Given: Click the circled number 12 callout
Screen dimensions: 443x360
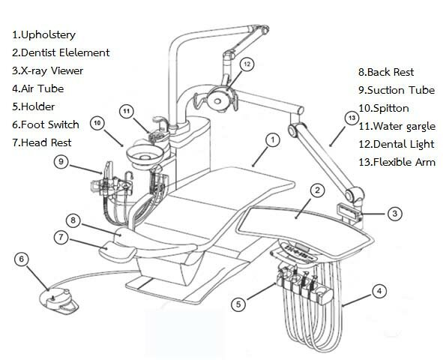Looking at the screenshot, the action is coord(247,64).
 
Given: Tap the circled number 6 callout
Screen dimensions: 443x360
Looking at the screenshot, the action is coord(22,259).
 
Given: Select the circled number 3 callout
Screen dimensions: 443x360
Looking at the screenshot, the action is coord(395,214).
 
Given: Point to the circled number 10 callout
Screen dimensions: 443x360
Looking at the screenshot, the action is coord(97,123).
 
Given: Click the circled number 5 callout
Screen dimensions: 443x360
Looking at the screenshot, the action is coord(238,304).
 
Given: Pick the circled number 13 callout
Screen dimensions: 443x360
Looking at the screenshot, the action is coord(352,118).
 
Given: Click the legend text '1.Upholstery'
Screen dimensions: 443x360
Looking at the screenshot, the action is coord(43,34).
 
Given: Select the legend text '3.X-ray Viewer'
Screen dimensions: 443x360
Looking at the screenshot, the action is coord(47,70).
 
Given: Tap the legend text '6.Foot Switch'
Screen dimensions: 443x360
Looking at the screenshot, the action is coord(46,124).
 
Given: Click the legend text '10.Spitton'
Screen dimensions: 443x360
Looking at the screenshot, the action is coord(384,108).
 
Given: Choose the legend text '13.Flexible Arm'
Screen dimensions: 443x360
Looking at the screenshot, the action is coord(397,162).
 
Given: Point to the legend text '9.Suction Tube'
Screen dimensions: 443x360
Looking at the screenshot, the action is coord(397,90).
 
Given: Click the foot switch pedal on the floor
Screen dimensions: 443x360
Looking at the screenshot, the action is coord(58,301).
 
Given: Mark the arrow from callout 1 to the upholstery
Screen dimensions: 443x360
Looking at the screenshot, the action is coord(260,156).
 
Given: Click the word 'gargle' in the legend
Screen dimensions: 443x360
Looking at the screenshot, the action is coord(421,127).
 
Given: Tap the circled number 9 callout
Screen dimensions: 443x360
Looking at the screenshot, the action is coord(61,162).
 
